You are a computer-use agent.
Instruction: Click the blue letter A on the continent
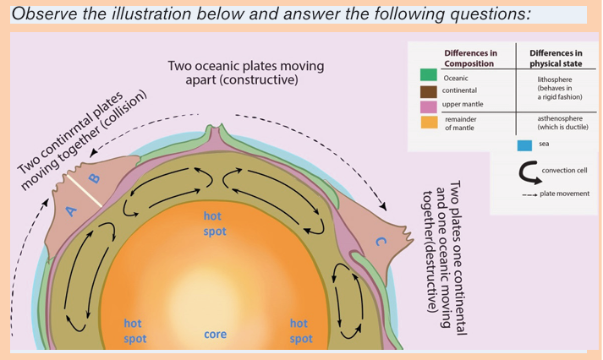(x=71, y=211)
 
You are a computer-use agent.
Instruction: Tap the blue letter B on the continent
(x=94, y=178)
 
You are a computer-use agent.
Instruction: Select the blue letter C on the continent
(x=381, y=242)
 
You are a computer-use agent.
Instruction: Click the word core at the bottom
(x=215, y=335)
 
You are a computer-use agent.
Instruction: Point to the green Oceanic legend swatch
(x=429, y=75)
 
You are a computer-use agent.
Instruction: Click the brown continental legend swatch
(x=429, y=92)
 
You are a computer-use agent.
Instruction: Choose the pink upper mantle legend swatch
(x=429, y=106)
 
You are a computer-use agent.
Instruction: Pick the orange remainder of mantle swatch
(x=429, y=123)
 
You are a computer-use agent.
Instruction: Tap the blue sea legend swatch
(x=524, y=145)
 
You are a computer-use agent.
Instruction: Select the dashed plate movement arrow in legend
(x=529, y=195)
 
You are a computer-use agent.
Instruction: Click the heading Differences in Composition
(x=470, y=58)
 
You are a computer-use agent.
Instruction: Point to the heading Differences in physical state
(x=556, y=58)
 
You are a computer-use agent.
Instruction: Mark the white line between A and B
(x=85, y=191)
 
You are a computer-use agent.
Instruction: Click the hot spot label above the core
(x=215, y=224)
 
